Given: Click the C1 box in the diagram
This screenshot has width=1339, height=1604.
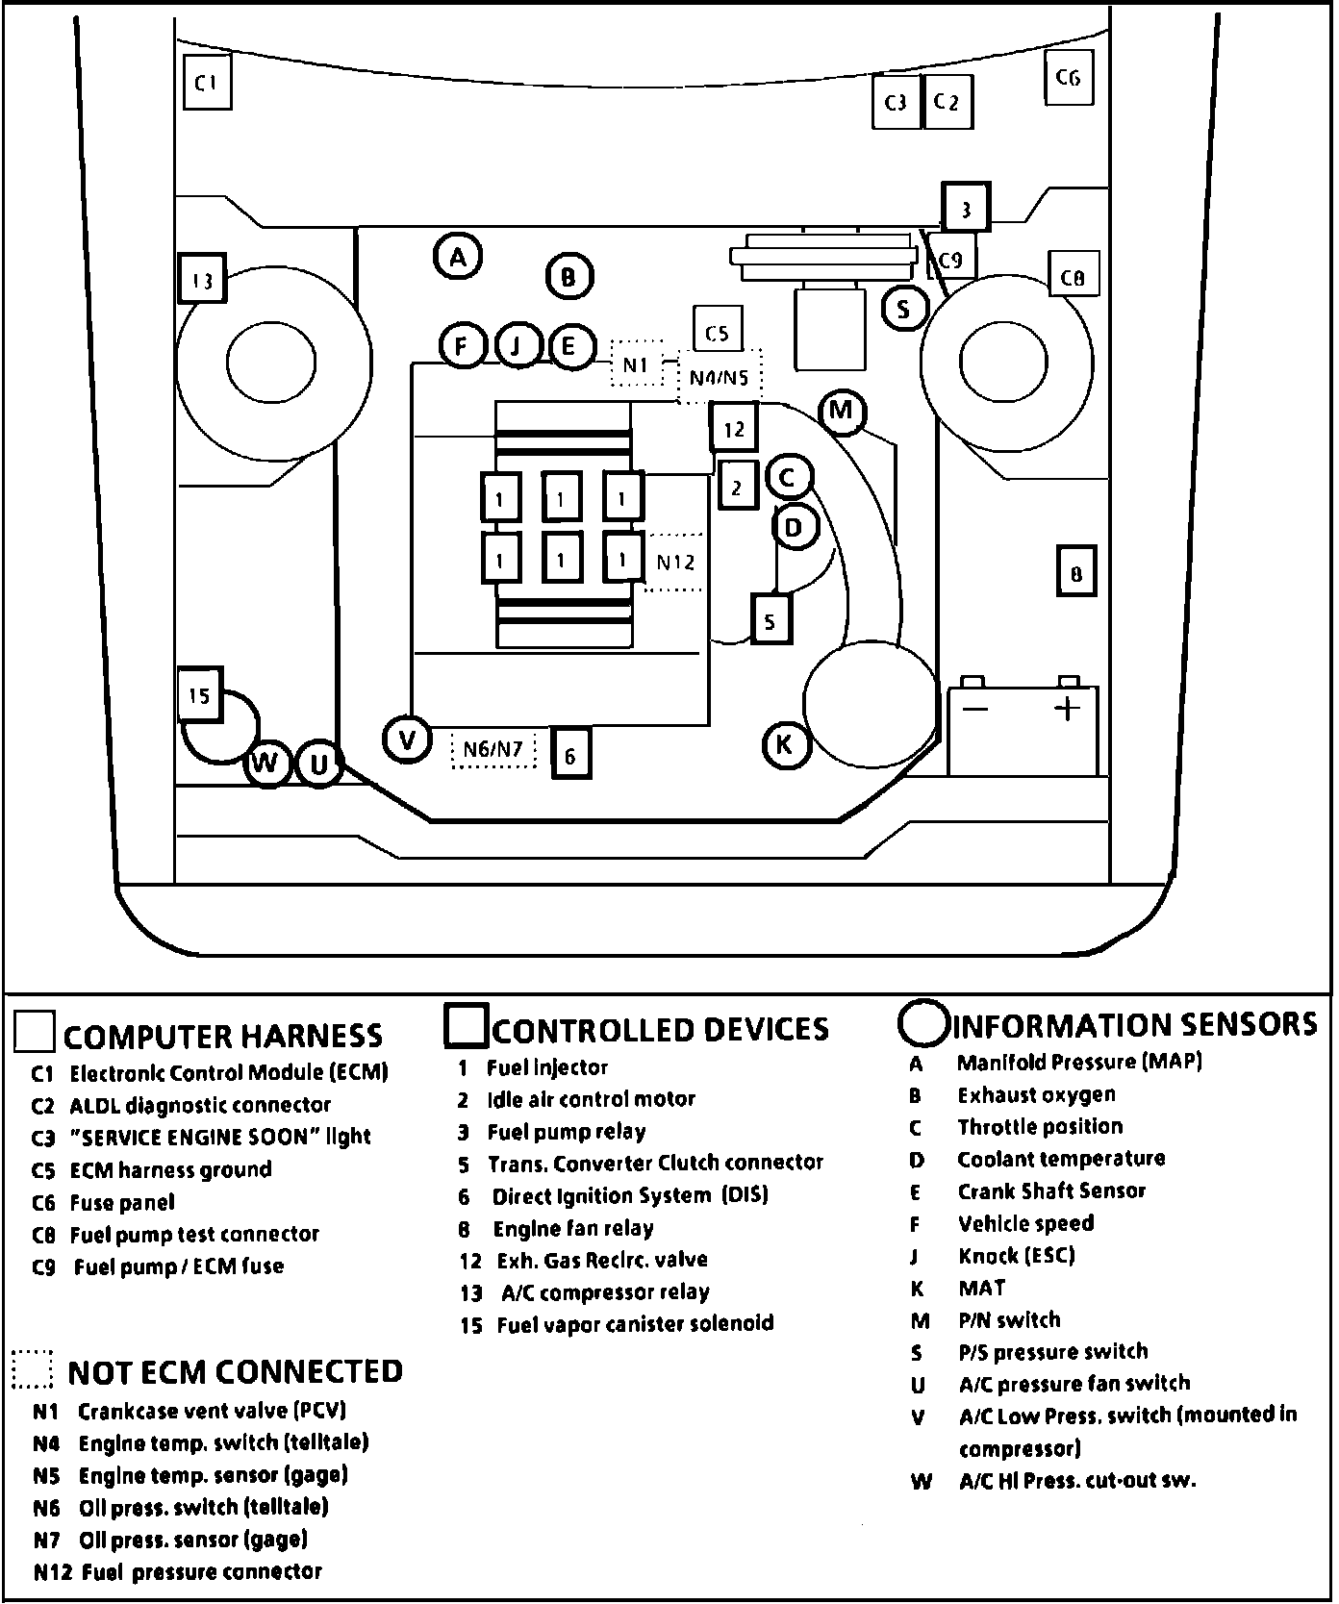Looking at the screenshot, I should [x=207, y=83].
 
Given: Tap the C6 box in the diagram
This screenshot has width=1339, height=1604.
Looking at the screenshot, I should [x=1069, y=78].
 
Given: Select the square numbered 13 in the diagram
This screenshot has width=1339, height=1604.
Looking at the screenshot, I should [x=202, y=280].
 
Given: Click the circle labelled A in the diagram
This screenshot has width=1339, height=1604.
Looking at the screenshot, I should [x=458, y=257].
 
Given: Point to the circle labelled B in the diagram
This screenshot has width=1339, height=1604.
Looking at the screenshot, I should [x=569, y=277].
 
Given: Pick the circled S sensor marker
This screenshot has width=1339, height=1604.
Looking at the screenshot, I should [x=903, y=309].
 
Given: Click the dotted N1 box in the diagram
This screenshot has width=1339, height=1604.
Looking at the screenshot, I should [x=637, y=364].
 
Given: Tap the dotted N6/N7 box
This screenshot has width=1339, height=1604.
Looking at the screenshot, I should [x=493, y=749].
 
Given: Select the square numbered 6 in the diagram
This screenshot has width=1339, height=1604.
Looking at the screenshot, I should [x=570, y=755].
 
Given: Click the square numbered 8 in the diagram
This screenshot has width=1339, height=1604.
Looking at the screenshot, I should [x=1076, y=574].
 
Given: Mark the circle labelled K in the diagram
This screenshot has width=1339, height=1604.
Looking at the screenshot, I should [x=786, y=744].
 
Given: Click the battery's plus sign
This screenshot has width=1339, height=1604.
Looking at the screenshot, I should [x=1068, y=710].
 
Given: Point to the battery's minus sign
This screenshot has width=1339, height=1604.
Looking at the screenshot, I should [x=975, y=710].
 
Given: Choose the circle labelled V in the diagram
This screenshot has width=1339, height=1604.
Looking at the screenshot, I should [x=408, y=739].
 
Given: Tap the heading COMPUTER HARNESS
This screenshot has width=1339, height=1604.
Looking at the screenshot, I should [x=222, y=1036].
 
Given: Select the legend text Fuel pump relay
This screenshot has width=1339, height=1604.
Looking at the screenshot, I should [x=566, y=1132].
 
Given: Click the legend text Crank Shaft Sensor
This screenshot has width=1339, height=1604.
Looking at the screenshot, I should [x=1051, y=1191].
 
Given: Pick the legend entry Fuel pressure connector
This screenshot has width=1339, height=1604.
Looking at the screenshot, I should [x=202, y=1571].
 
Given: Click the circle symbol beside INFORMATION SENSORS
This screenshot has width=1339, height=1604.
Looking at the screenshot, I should [x=922, y=1023].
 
